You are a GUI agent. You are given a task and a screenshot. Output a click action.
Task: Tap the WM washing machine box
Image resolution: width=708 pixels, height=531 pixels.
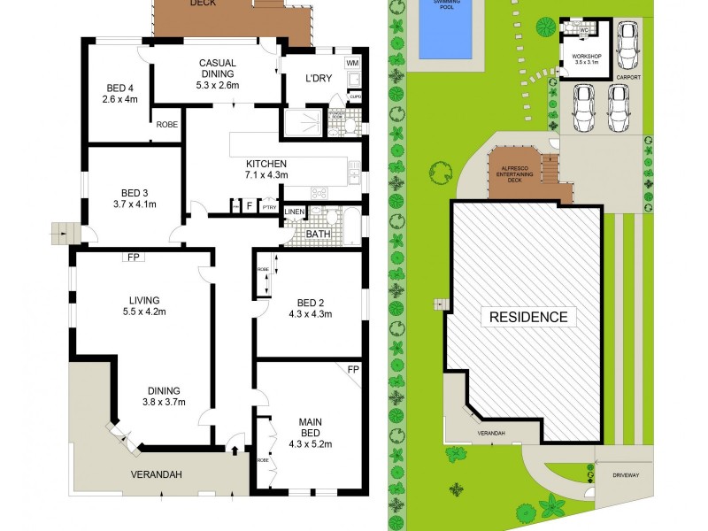[x=351, y=65]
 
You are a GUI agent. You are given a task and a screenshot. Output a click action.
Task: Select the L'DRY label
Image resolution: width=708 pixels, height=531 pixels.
[x=318, y=79]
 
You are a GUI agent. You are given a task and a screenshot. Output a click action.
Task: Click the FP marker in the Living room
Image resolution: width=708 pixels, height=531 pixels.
[x=134, y=257]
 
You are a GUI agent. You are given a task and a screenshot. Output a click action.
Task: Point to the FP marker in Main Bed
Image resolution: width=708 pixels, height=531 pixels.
[x=352, y=369]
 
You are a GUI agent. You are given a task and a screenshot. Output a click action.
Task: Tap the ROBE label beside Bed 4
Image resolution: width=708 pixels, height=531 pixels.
[x=167, y=125]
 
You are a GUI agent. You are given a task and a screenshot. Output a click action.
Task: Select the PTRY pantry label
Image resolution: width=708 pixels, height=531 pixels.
[x=269, y=207]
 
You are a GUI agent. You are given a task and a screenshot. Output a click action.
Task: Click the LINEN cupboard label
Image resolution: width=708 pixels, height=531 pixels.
[x=294, y=212]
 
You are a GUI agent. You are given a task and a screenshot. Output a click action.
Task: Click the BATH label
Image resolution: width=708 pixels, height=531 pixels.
[x=318, y=234]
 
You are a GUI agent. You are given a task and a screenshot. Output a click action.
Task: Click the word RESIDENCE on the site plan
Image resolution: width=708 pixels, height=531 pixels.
[x=525, y=317]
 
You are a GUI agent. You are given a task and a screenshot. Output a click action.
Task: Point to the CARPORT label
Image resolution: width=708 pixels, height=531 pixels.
[x=627, y=77]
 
